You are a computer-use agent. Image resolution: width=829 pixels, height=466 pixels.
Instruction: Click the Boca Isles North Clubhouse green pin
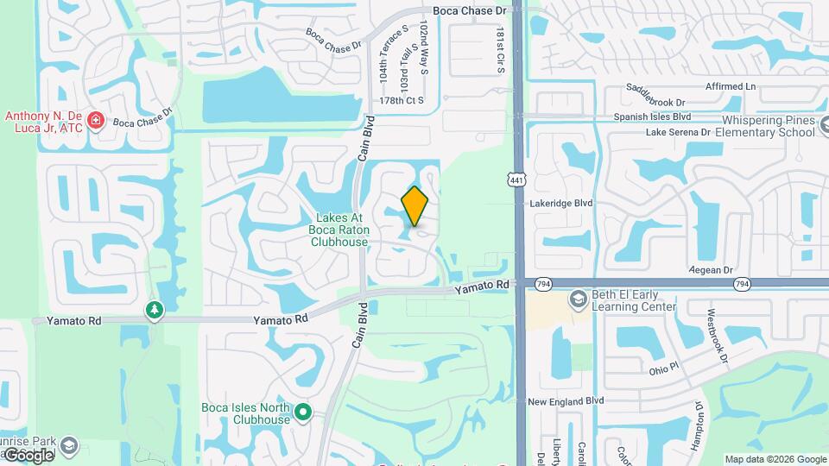pos(302,412)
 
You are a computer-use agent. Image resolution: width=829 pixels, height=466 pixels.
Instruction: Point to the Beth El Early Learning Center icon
pos(578,299)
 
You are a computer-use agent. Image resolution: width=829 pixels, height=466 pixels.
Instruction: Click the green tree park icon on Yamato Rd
pos(155,309)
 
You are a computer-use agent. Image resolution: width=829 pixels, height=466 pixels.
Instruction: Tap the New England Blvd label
pos(566,401)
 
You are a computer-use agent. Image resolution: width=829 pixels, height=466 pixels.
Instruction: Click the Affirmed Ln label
pos(730,86)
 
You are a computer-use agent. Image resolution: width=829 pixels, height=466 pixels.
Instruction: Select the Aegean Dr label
pos(711,270)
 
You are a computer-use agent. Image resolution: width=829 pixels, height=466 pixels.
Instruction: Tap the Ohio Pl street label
pos(666,369)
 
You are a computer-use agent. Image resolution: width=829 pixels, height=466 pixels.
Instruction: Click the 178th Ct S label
pos(402,100)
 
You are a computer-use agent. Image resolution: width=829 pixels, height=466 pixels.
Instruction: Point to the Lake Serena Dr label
pos(678,133)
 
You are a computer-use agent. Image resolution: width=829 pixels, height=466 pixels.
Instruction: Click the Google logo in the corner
pos(28,455)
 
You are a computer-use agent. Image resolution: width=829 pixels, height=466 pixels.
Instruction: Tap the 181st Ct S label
pos(499,50)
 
